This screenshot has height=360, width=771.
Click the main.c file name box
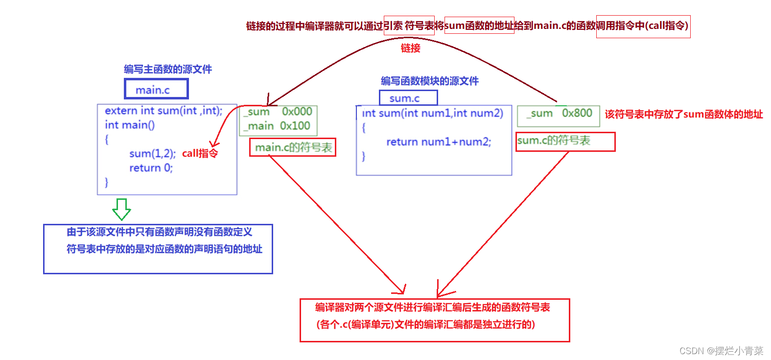(156, 90)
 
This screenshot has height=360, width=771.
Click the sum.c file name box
(408, 98)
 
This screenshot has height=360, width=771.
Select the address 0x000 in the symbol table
(297, 112)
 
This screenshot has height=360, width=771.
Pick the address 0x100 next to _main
(295, 126)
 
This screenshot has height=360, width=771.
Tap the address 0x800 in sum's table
(577, 113)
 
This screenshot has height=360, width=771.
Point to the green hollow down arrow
(121, 209)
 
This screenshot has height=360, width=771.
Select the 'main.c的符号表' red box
(293, 147)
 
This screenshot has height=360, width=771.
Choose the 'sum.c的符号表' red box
(565, 141)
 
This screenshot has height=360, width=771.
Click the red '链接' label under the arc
(410, 48)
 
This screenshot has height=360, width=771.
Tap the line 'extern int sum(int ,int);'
(164, 111)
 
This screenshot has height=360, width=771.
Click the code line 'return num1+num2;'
(439, 142)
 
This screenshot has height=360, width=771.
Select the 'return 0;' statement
(151, 168)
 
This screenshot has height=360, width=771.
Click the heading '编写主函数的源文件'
(168, 69)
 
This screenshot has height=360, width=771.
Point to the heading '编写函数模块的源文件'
(429, 81)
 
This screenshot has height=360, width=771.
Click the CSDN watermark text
(721, 351)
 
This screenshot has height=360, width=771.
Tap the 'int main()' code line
(130, 125)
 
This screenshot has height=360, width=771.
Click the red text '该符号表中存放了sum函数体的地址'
(684, 114)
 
